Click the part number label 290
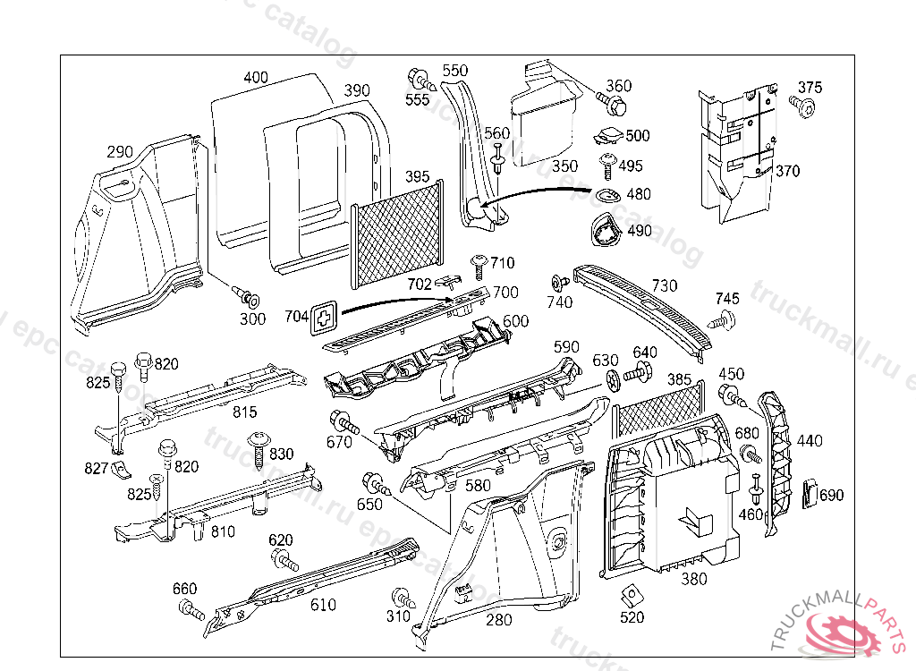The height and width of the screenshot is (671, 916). click(120, 151)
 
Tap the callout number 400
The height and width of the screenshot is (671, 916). click(255, 78)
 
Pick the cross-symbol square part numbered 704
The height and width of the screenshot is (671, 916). click(325, 316)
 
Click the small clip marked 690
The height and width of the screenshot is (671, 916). click(810, 493)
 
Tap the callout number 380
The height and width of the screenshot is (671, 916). click(694, 579)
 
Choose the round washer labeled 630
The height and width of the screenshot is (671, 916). click(612, 379)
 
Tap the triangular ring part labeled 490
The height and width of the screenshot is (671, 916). click(604, 232)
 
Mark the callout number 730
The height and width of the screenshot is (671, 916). click(665, 285)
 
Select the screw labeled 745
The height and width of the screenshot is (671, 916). click(725, 318)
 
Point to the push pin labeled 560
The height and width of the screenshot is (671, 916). click(498, 162)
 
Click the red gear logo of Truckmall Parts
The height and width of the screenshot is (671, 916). click(843, 634)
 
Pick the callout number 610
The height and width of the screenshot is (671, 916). click(323, 605)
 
